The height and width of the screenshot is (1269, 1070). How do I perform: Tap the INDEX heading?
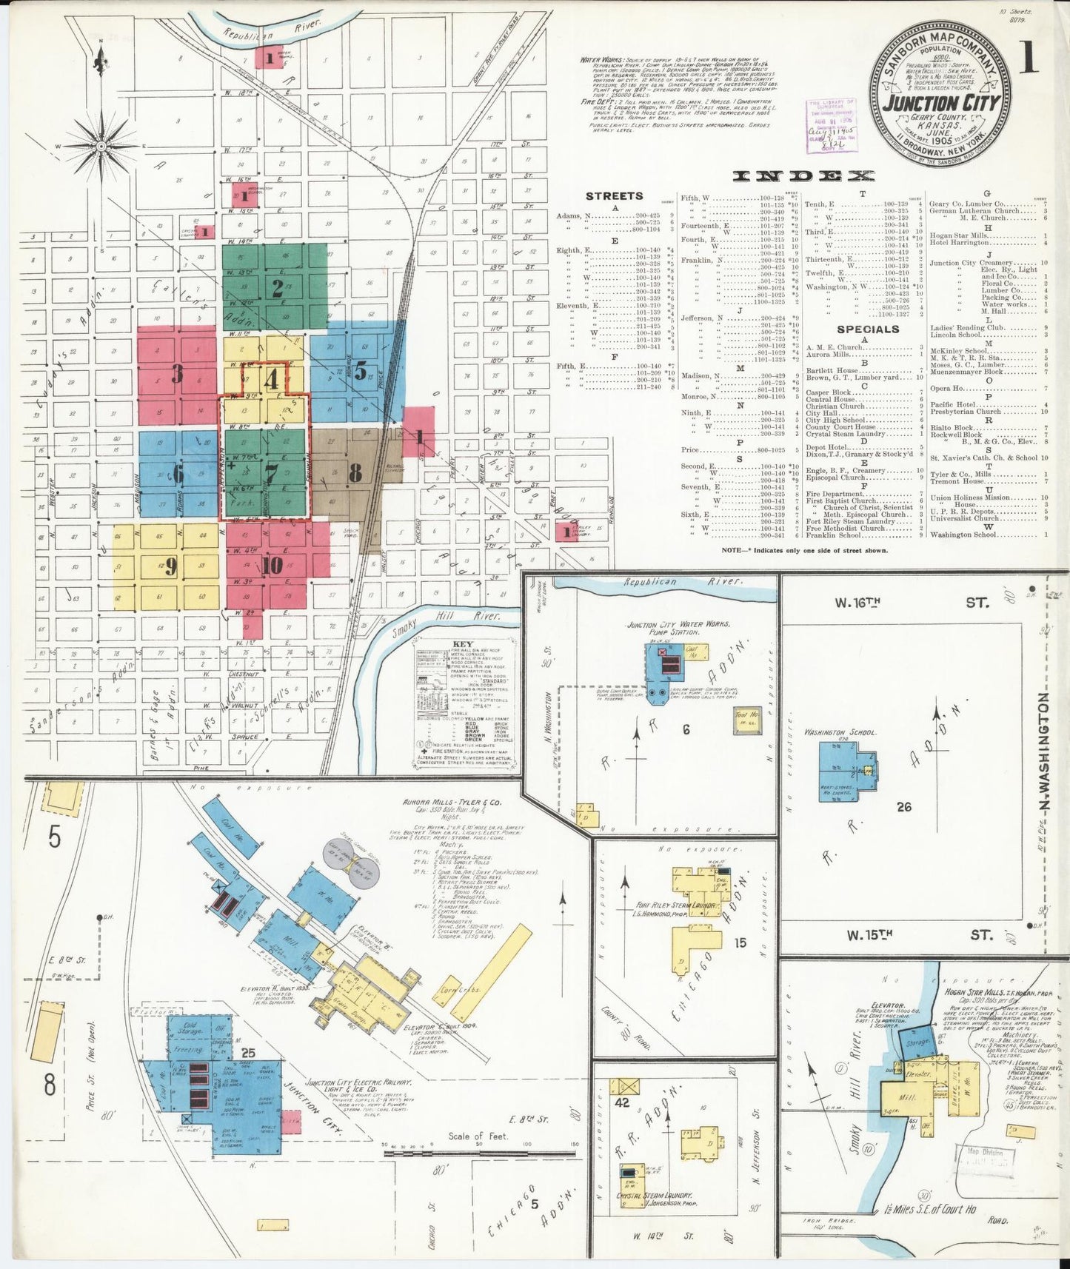click(x=803, y=176)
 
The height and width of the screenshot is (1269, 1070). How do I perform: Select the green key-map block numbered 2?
click(x=276, y=288)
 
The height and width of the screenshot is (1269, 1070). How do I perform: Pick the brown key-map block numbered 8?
click(x=355, y=472)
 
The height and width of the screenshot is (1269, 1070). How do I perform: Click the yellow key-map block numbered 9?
click(x=171, y=566)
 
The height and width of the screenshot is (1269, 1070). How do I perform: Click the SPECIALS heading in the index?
click(x=868, y=329)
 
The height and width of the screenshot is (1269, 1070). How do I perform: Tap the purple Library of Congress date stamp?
click(x=832, y=124)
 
